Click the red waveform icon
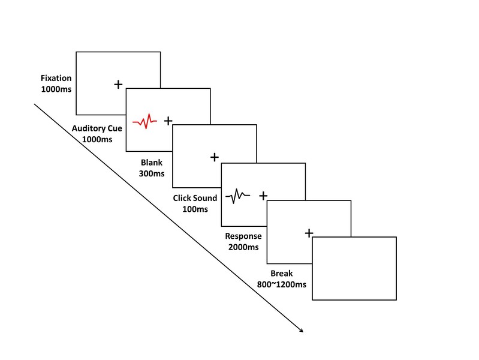tap(144, 122)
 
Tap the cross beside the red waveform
tap(168, 121)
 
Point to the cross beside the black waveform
tap(263, 195)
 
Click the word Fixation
tap(55, 78)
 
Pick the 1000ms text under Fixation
tap(55, 89)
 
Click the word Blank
tap(152, 163)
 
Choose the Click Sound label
tap(195, 198)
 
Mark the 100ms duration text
tap(195, 209)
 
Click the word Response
tap(243, 236)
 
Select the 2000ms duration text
tap(243, 247)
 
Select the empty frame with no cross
tap(354, 269)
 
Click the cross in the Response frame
tap(309, 233)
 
